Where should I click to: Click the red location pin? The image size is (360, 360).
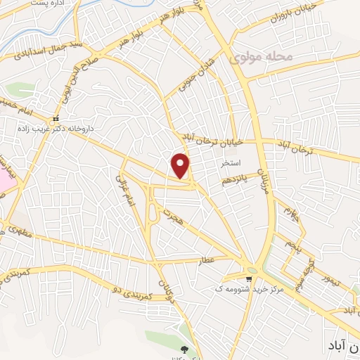181,166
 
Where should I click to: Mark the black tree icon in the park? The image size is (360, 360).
185,349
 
